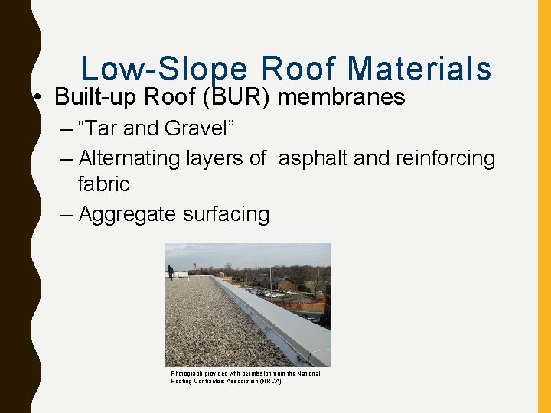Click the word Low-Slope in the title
point(165,70)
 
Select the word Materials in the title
point(419,70)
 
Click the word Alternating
point(130,158)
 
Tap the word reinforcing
point(445,158)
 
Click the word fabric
point(103,184)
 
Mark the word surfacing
point(227,215)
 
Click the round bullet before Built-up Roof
point(37,99)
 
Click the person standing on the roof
point(170,272)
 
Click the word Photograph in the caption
point(186,373)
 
